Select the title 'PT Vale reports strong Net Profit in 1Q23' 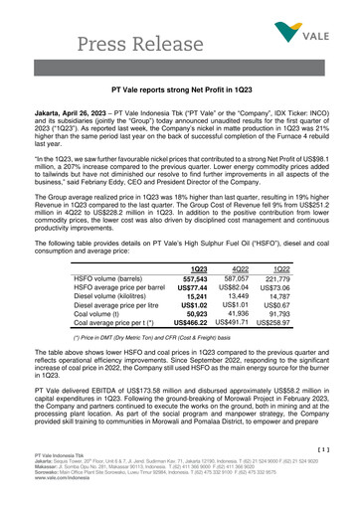[179, 89]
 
